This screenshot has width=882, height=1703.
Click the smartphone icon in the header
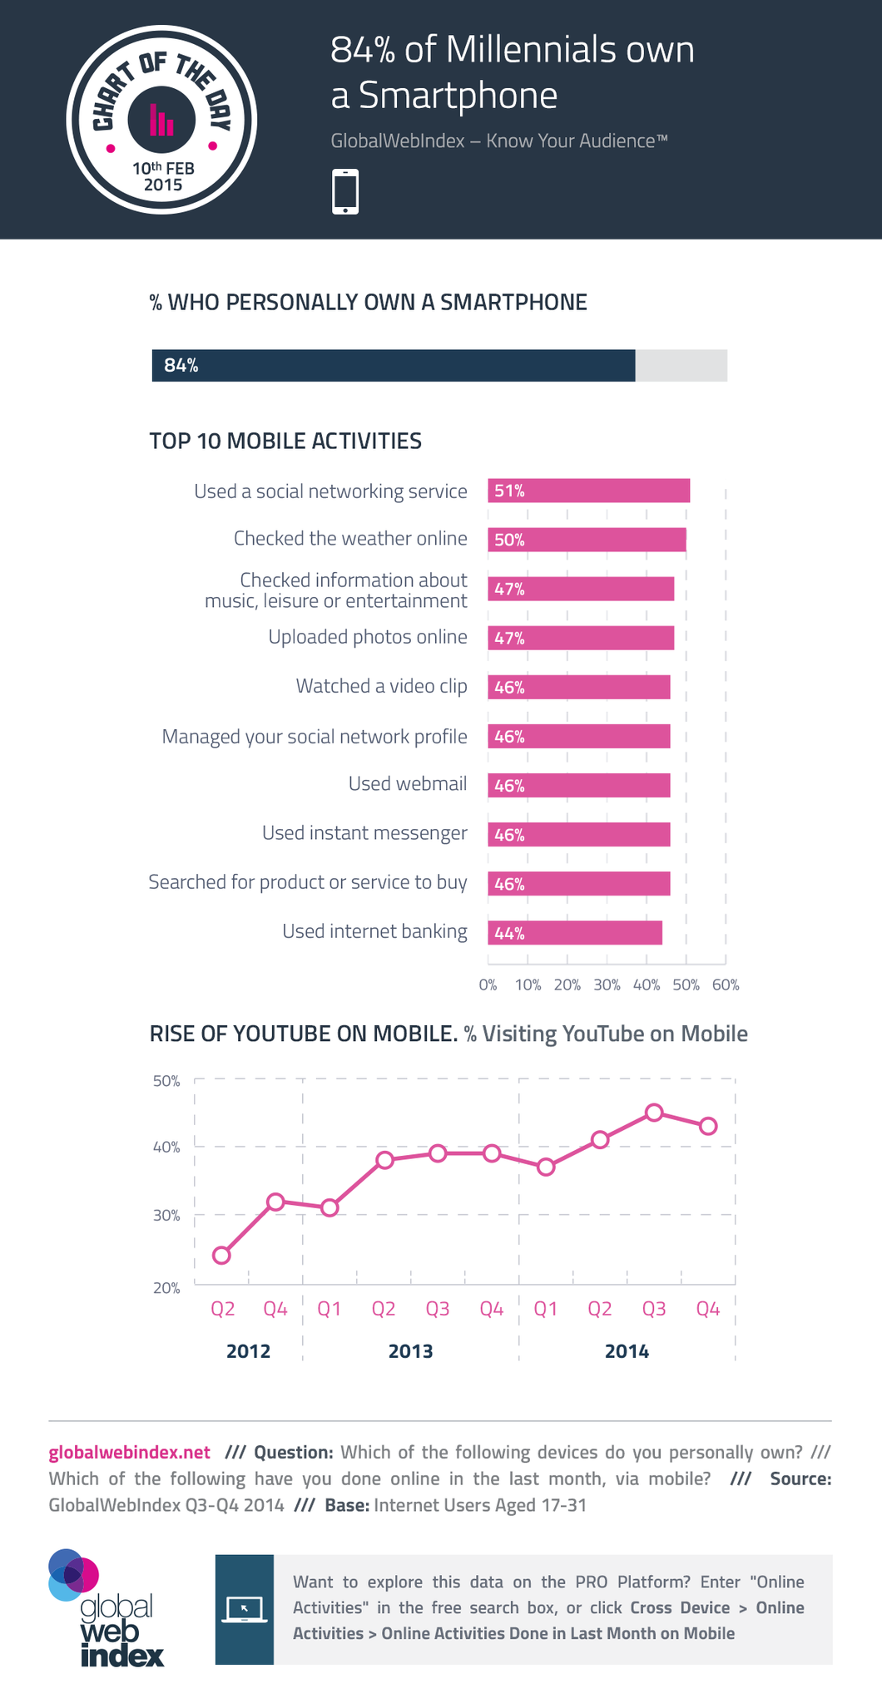pyautogui.click(x=345, y=192)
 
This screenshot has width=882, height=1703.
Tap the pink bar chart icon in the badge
pyautogui.click(x=161, y=121)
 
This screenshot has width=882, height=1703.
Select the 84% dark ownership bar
pyautogui.click(x=393, y=365)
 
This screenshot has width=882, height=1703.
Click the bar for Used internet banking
pyautogui.click(x=575, y=933)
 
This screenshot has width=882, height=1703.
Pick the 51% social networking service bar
pyautogui.click(x=588, y=491)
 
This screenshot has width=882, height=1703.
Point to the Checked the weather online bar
pyautogui.click(x=587, y=540)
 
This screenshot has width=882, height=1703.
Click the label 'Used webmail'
pyautogui.click(x=408, y=784)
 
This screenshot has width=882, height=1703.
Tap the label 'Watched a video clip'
pyautogui.click(x=381, y=686)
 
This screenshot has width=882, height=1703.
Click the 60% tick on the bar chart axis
pyautogui.click(x=726, y=985)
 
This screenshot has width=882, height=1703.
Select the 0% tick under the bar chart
pyautogui.click(x=488, y=985)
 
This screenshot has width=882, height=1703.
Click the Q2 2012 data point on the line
pyautogui.click(x=221, y=1255)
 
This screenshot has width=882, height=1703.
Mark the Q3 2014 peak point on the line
pyautogui.click(x=654, y=1113)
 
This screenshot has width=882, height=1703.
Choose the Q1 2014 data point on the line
pyautogui.click(x=546, y=1167)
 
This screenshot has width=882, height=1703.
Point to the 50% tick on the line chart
pyautogui.click(x=166, y=1081)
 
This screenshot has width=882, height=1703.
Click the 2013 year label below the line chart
pyautogui.click(x=410, y=1351)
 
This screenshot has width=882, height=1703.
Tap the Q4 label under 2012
pyautogui.click(x=275, y=1309)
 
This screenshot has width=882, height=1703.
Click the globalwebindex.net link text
pyautogui.click(x=130, y=1453)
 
